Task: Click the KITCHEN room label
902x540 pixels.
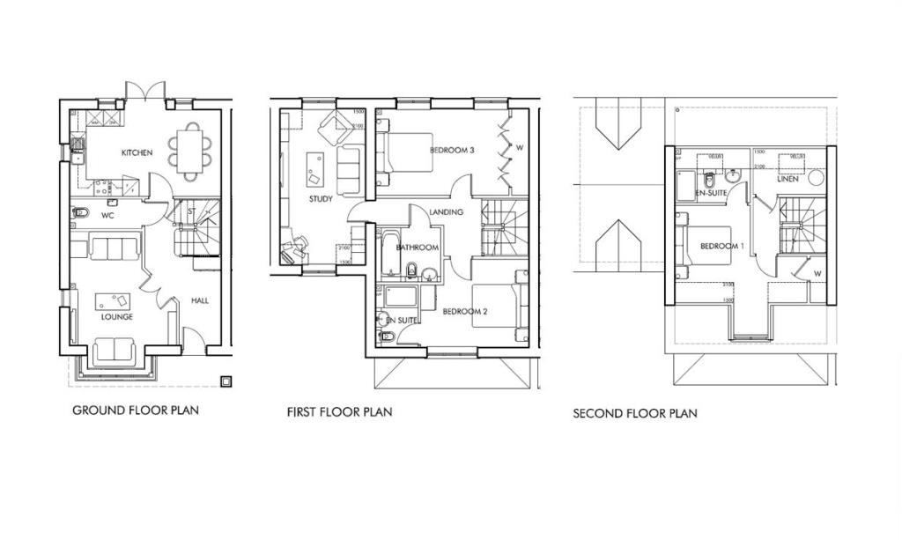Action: click(137, 153)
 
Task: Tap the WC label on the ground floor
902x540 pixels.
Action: click(109, 214)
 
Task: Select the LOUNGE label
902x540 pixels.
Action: click(116, 317)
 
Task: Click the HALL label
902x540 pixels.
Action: click(200, 301)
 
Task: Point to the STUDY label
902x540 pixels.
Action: click(321, 199)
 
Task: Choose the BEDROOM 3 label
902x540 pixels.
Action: click(452, 151)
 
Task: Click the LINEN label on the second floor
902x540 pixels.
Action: click(787, 179)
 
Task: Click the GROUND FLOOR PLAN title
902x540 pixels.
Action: click(136, 410)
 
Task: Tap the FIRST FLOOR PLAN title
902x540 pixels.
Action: click(339, 411)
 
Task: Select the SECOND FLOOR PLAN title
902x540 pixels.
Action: click(634, 413)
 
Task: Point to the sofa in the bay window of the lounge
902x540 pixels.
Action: click(115, 351)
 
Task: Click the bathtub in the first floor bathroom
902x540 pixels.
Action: click(388, 255)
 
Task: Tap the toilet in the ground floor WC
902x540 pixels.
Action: click(79, 212)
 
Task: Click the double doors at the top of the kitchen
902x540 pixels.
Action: click(145, 91)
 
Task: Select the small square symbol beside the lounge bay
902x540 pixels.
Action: click(226, 381)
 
